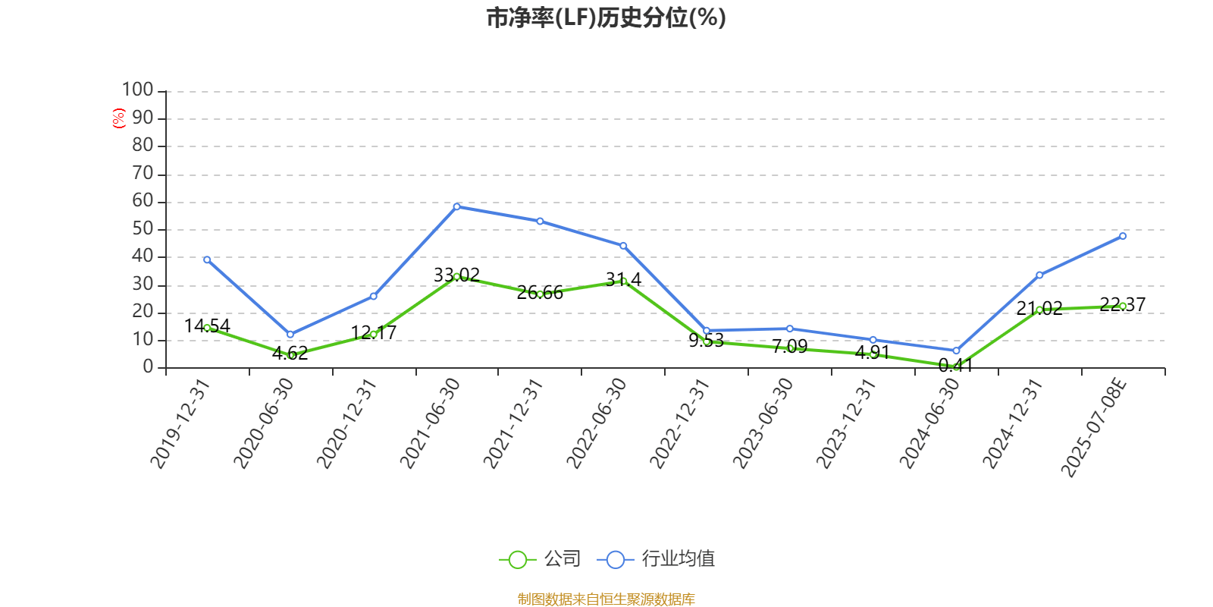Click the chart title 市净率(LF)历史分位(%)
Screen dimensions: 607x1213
606,17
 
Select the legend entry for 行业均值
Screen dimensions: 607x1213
657,559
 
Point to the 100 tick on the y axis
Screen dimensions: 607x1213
138,90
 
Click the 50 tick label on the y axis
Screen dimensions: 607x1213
143,228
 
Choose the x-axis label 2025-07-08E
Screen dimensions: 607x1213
1093,428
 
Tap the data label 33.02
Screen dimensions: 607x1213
456,275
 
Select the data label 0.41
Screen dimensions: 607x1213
955,365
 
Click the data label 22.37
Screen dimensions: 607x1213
1122,304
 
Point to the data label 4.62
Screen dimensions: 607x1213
290,353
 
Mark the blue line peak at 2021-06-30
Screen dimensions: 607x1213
456,206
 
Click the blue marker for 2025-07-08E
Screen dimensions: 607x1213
1123,236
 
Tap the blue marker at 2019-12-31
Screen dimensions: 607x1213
207,259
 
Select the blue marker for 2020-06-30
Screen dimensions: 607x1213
290,334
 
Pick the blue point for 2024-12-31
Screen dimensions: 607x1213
1039,275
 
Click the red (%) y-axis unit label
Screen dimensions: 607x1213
118,118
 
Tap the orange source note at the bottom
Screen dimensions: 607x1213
606,599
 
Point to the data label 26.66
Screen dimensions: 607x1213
540,292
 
